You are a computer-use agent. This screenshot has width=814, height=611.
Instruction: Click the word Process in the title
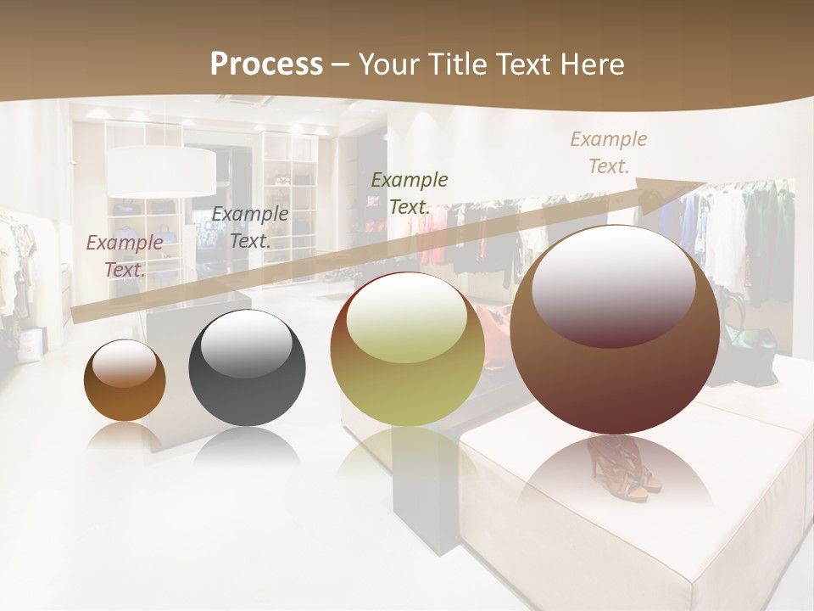[x=266, y=64]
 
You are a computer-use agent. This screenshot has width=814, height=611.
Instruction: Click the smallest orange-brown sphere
[x=125, y=381]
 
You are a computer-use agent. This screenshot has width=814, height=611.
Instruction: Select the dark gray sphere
[x=247, y=368]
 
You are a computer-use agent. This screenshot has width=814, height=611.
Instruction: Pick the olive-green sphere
[x=407, y=350]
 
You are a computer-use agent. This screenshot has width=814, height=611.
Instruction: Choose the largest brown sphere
[x=615, y=331]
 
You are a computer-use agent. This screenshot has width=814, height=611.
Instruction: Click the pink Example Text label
[x=125, y=255]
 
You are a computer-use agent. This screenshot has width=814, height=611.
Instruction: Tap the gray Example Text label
[x=250, y=227]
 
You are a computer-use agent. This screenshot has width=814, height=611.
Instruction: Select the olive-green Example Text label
[x=410, y=193]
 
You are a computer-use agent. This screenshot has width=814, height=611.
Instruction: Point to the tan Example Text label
[x=608, y=152]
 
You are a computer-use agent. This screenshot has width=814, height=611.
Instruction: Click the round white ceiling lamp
[x=161, y=170]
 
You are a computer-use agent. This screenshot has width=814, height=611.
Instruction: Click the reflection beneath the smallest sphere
[x=125, y=436]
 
